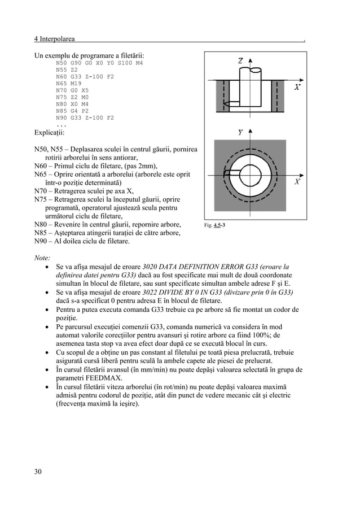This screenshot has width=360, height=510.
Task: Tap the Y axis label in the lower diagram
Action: [x=240, y=133]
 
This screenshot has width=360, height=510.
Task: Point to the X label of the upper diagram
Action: [x=297, y=87]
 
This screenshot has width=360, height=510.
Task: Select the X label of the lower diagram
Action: [x=297, y=182]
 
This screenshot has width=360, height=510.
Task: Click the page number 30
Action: [x=38, y=472]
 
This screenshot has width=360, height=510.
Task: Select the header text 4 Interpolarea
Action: [x=55, y=39]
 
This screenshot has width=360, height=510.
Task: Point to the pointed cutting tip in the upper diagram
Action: [x=224, y=104]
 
